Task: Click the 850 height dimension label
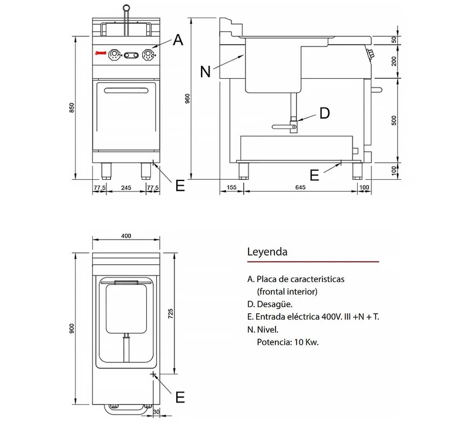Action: [72, 108]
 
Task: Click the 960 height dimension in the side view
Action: [187, 99]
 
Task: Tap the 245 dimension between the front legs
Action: [126, 187]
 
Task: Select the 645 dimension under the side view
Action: [300, 187]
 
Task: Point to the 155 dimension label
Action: [231, 187]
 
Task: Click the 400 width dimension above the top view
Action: [126, 236]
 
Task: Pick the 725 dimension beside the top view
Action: [170, 314]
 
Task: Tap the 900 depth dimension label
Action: [72, 328]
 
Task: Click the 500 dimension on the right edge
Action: [394, 120]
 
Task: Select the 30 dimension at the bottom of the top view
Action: [156, 412]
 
